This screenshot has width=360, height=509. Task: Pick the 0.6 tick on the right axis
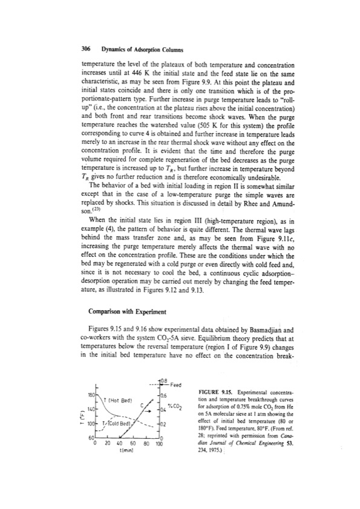162,395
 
